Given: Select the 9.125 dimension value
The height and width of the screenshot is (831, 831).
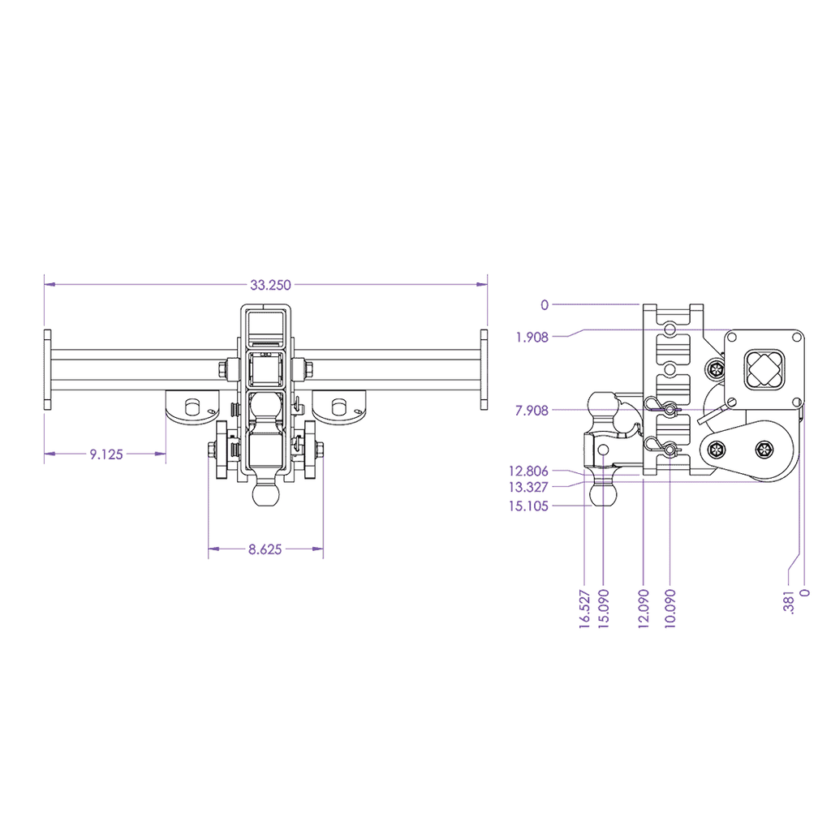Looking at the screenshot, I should point(105,454).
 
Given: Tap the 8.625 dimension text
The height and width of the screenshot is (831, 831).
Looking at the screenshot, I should point(265,549).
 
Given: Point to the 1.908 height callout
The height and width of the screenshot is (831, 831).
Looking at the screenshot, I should point(532,337).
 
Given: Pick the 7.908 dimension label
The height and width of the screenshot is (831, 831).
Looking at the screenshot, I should point(532,411).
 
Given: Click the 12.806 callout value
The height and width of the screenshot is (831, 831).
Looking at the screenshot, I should point(528,471).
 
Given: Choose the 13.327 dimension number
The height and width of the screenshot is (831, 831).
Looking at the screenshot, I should point(528,487).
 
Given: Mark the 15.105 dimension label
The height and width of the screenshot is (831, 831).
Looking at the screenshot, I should point(528,506).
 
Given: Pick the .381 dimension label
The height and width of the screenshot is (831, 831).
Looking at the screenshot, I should point(788,601).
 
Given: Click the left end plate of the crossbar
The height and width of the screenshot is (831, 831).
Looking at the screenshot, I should point(48,369).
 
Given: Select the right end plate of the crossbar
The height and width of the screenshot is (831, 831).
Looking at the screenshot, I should point(484,369).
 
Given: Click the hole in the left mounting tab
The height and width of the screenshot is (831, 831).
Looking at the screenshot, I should point(192,405).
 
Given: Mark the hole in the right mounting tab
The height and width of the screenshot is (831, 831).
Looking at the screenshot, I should point(339,405).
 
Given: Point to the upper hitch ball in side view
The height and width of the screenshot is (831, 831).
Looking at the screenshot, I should point(605,405).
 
